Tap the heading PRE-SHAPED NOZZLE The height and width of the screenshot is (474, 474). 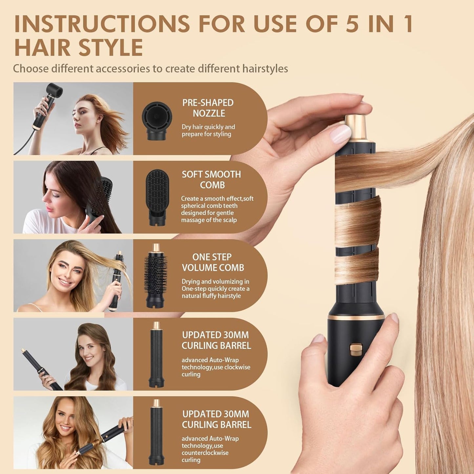pyautogui.click(x=208, y=108)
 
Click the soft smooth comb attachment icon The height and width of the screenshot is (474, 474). pyautogui.click(x=157, y=197)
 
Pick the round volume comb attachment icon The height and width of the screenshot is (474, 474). pyautogui.click(x=155, y=276)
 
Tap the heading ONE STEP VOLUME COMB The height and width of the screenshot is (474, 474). pyautogui.click(x=213, y=262)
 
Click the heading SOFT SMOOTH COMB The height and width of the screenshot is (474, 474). pyautogui.click(x=212, y=179)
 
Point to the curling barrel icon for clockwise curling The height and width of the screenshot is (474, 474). pyautogui.click(x=156, y=354)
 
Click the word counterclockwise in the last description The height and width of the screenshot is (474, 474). pyautogui.click(x=205, y=453)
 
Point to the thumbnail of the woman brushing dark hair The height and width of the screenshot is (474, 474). pyautogui.click(x=73, y=197)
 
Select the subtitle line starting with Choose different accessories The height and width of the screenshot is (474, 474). pyautogui.click(x=150, y=69)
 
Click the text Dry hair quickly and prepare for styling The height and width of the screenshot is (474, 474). pyautogui.click(x=208, y=130)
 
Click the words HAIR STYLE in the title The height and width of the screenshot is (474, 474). pyautogui.click(x=79, y=48)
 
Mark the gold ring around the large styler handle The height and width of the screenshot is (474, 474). pyautogui.click(x=356, y=318)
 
